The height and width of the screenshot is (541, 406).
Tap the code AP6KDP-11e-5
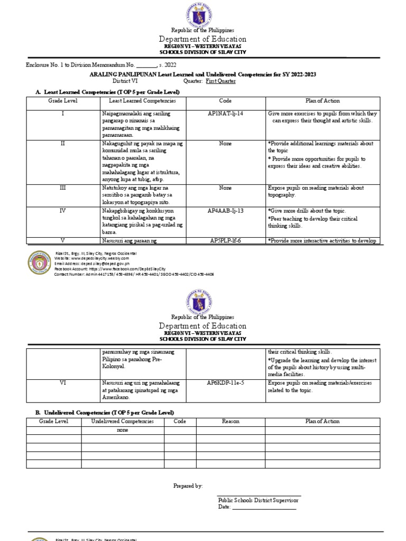pyautogui.click(x=225, y=383)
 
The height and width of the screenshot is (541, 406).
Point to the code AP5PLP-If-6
pyautogui.click(x=225, y=240)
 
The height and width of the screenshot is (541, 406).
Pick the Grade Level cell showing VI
pyautogui.click(x=63, y=383)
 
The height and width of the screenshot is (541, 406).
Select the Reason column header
pyautogui.click(x=230, y=422)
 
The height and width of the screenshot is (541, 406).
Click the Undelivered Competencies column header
pyautogui.click(x=122, y=422)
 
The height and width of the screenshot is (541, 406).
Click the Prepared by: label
pyautogui.click(x=188, y=486)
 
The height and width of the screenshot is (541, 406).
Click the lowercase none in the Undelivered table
pyautogui.click(x=122, y=430)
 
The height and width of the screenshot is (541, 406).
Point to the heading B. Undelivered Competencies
pyautogui.click(x=104, y=412)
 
